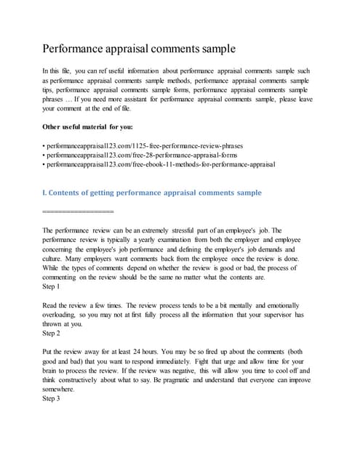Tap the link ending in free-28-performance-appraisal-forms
tap(138, 155)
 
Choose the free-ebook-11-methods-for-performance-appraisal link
tap(160, 165)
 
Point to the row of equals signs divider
tap(79, 211)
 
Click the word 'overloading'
tap(65, 315)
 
